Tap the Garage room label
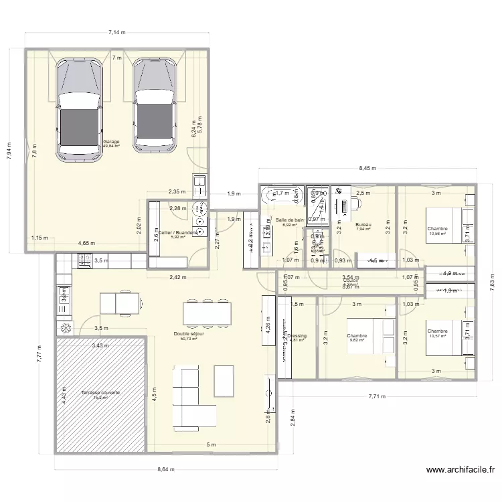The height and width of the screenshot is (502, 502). tap(111, 142)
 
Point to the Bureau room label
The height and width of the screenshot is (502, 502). tap(363, 225)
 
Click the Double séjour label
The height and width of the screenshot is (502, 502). tap(188, 333)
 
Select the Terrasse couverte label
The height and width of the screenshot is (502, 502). tap(100, 393)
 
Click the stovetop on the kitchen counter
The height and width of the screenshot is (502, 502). tap(85, 262)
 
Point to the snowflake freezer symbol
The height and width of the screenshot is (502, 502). tap(66, 328)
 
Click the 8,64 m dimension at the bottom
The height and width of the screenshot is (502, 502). tap(165, 469)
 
